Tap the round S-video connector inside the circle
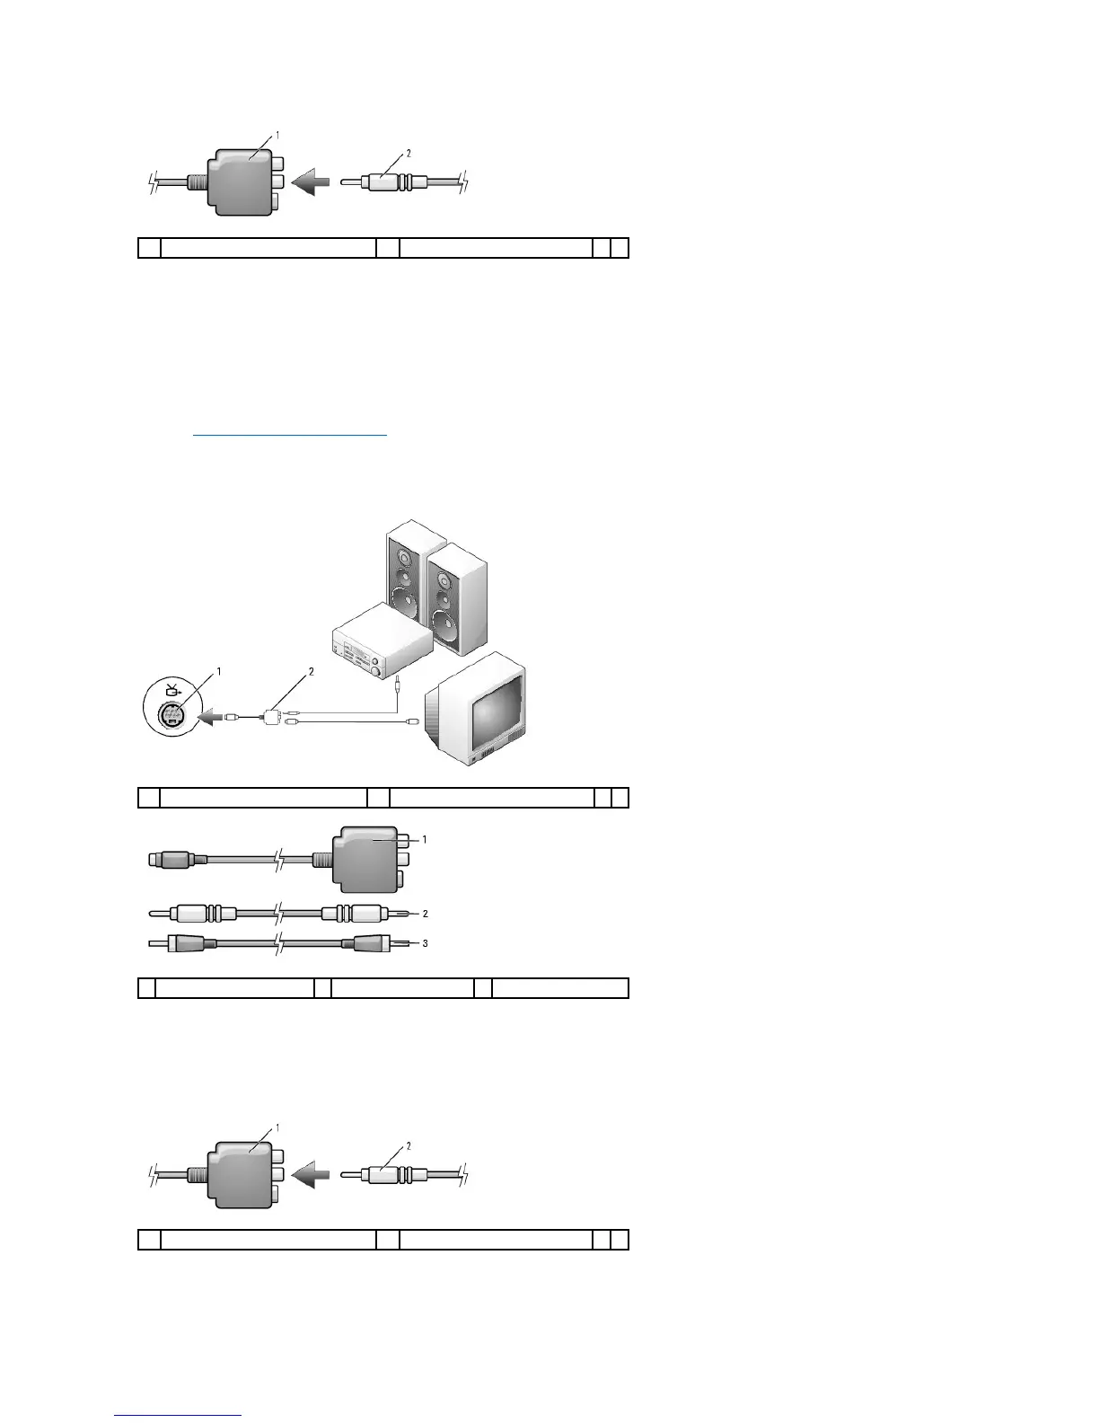click(x=170, y=716)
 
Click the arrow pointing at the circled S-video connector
click(x=209, y=717)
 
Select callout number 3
click(x=424, y=943)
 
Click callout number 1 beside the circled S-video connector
click(x=218, y=671)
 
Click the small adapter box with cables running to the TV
click(x=271, y=717)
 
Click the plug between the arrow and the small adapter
click(x=234, y=717)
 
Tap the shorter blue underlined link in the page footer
click(x=178, y=1415)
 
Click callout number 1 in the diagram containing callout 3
click(x=424, y=839)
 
